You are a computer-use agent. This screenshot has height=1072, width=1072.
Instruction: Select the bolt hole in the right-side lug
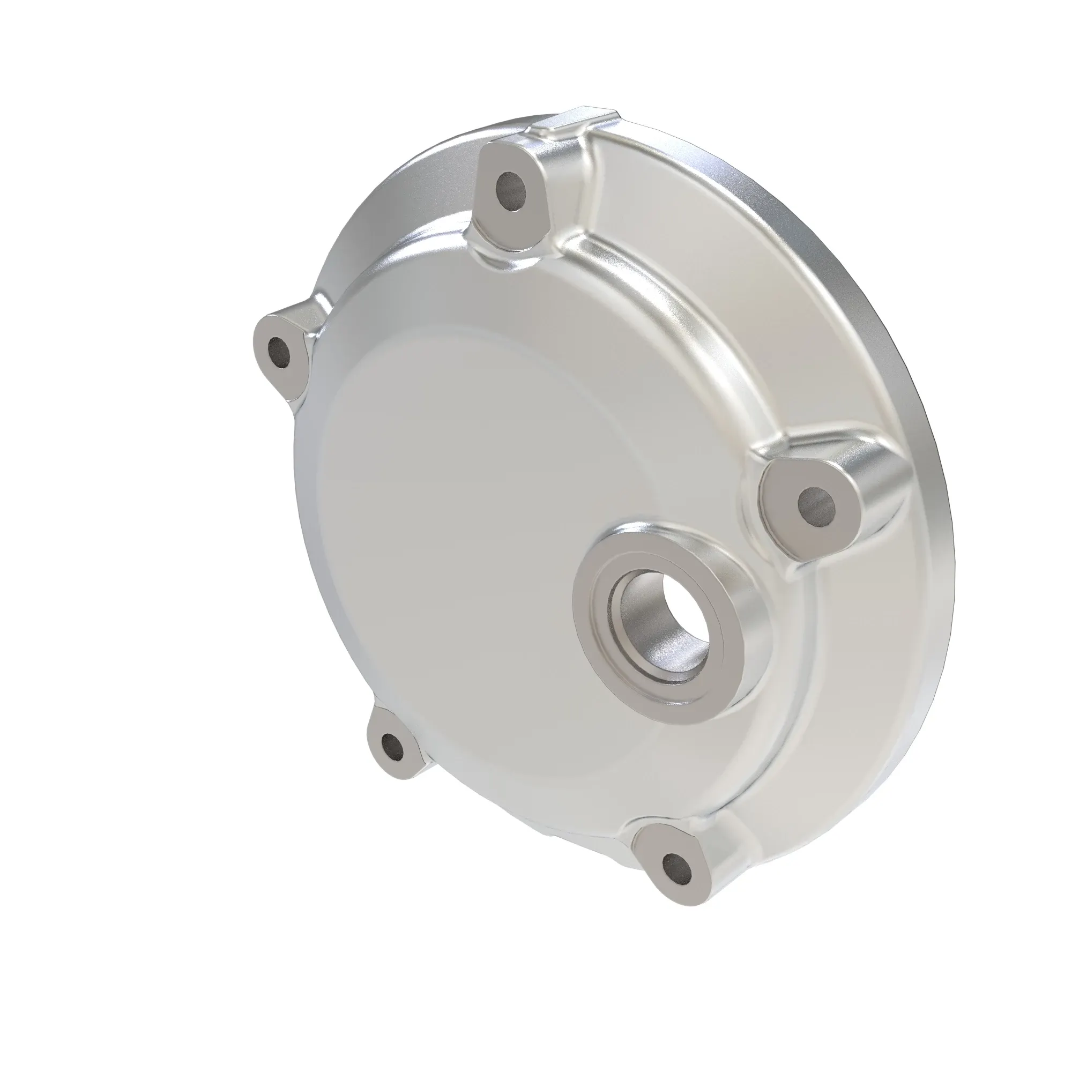(816, 504)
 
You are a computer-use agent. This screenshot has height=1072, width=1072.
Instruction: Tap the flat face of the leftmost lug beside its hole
(291, 377)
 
